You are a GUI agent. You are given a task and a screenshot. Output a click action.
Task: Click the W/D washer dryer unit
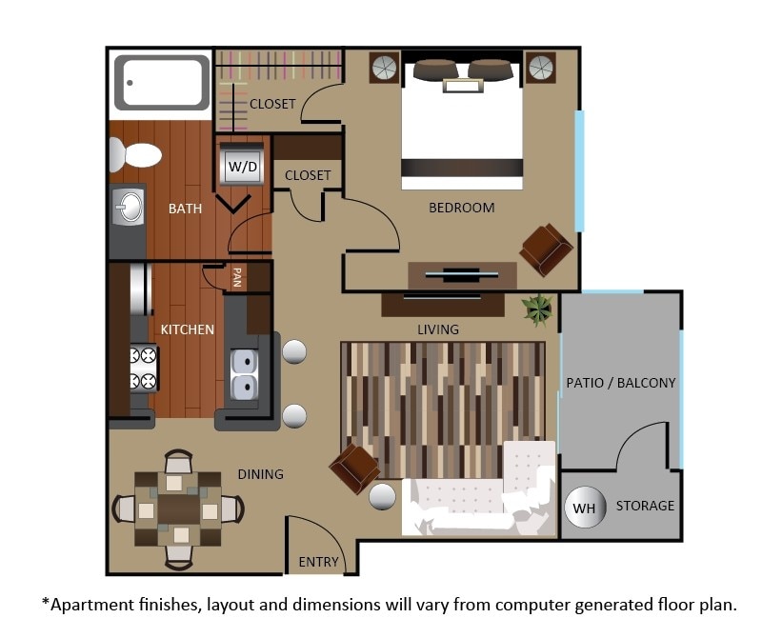click(x=242, y=167)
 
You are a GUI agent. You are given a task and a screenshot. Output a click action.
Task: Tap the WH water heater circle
click(x=584, y=508)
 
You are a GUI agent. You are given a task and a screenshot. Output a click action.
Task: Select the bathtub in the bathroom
click(x=162, y=83)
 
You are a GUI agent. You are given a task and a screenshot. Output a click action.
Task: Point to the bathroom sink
click(x=128, y=205)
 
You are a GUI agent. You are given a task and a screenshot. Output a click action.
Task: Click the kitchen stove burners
click(x=142, y=369)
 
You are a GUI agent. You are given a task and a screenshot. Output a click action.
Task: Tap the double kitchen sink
click(x=243, y=374)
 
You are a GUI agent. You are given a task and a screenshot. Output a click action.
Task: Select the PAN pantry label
click(x=236, y=277)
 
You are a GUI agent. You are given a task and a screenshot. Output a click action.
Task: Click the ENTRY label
click(x=318, y=562)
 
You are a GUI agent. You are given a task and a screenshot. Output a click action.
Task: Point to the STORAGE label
click(x=645, y=506)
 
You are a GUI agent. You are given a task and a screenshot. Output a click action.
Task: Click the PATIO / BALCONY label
click(x=620, y=383)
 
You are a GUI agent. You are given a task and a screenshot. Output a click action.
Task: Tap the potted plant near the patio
click(x=537, y=309)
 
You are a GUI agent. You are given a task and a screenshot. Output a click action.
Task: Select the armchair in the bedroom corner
click(x=546, y=249)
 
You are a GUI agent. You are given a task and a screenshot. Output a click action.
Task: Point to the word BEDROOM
click(x=461, y=208)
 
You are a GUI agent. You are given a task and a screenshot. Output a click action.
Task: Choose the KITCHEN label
click(x=187, y=329)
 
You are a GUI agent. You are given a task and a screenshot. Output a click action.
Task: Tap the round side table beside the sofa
click(x=383, y=497)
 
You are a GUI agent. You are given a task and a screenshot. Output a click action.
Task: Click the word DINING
click(x=260, y=473)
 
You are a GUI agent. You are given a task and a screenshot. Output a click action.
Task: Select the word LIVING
click(x=437, y=329)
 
